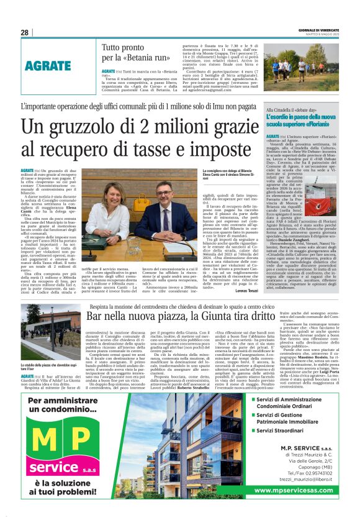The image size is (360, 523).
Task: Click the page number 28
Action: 24,32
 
